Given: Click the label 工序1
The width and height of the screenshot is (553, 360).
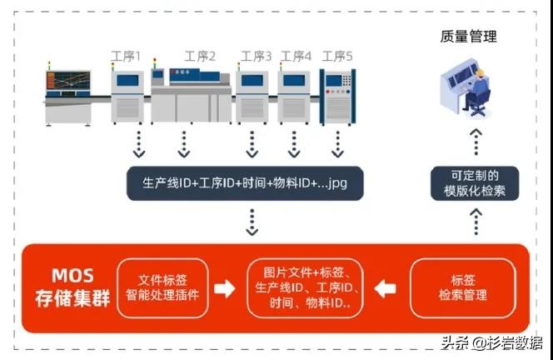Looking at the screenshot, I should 127,57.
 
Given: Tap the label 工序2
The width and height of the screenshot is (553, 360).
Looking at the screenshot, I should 200,57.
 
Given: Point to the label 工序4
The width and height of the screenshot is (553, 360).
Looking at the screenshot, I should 296,57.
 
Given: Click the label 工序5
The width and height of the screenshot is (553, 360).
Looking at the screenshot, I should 337,57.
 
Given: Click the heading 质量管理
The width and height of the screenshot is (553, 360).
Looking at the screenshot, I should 469,37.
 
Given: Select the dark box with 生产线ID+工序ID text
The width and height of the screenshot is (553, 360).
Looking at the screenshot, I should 245,183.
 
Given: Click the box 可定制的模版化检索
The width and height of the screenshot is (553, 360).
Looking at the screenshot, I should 475,183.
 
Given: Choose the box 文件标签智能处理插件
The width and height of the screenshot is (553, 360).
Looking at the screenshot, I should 163,287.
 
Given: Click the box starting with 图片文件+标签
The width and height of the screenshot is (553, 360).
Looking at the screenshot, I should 304,287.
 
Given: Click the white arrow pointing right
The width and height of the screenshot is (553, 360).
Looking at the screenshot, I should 225,288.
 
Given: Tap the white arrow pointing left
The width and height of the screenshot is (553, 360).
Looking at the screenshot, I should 386,288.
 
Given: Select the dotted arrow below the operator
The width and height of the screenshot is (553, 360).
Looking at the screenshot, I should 475,142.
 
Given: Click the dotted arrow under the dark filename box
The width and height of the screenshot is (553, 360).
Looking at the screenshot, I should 249,222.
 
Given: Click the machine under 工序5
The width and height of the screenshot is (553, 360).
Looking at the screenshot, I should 338,95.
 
